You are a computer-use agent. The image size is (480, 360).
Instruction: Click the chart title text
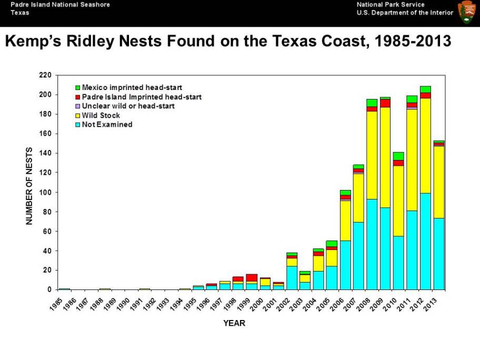pos(228,42)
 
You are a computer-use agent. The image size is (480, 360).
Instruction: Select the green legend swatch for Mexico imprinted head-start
pos(77,87)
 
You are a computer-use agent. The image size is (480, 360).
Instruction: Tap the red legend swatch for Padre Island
pos(77,97)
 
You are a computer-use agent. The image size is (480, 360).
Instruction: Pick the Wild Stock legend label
pos(101,116)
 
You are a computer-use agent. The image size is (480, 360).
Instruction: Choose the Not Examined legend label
pos(107,125)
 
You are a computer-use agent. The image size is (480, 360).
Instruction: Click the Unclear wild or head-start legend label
pos(128,106)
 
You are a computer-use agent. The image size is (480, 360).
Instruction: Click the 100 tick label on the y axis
pos(45,192)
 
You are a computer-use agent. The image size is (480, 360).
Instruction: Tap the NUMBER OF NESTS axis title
pos(30,186)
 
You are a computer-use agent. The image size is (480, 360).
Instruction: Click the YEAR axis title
pos(234,324)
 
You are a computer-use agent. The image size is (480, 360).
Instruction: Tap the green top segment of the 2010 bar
pos(398,156)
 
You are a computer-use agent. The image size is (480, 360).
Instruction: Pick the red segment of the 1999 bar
pos(252,278)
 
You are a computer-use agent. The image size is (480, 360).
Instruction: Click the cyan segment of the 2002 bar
pos(292,277)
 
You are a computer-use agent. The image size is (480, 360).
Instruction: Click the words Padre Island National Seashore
pos(60,4)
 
